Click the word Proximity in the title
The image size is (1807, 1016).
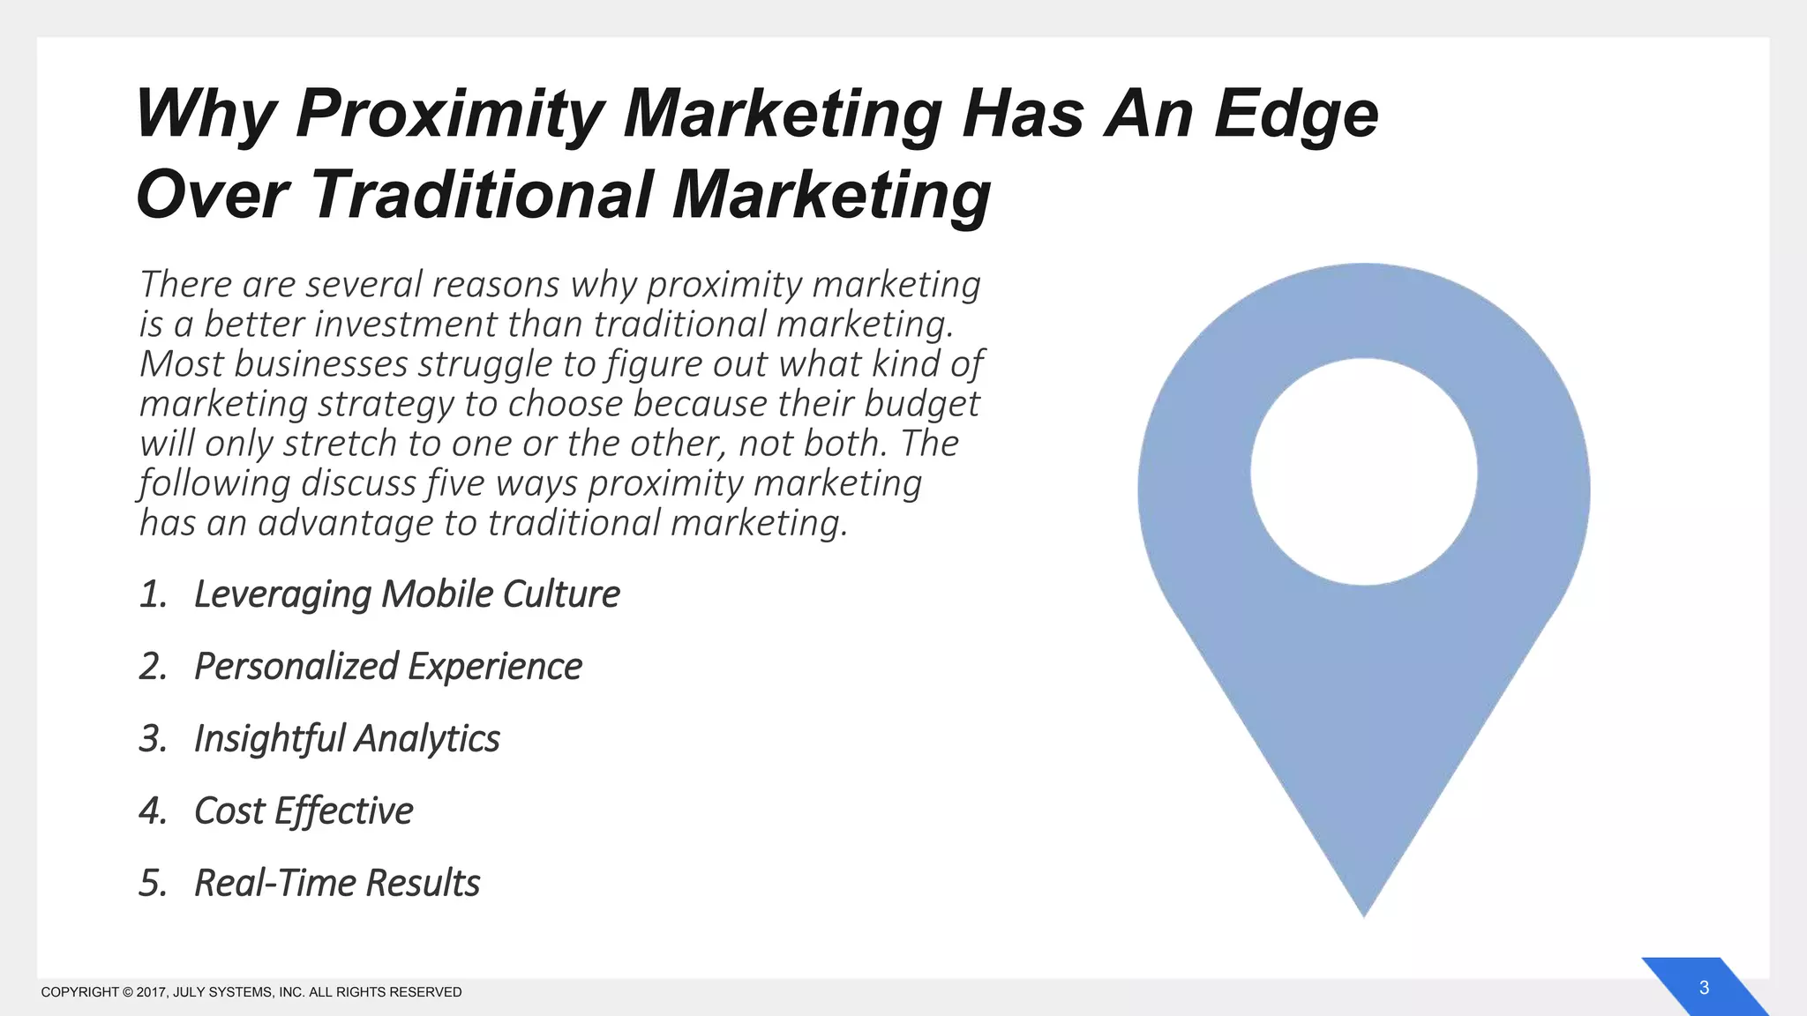tap(449, 114)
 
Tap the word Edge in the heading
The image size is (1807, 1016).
tap(1295, 114)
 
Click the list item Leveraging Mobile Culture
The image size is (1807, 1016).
tap(406, 594)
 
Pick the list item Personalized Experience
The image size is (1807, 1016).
tap(387, 667)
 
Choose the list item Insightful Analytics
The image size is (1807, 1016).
tap(346, 739)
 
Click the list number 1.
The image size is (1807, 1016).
tap(153, 594)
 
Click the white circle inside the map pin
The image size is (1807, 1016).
tap(1364, 472)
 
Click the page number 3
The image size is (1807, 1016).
tap(1704, 988)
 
